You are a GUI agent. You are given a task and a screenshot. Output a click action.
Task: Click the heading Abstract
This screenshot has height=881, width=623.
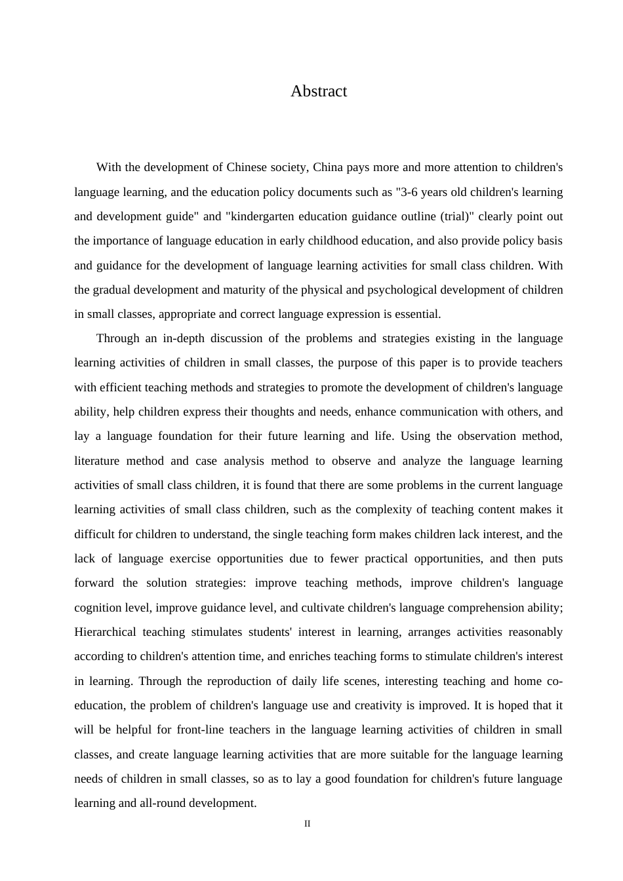pos(319,91)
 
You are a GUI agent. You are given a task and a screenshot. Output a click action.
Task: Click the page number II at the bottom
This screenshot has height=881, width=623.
pos(307,824)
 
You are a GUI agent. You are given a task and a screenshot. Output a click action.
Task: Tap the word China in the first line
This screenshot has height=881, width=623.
pos(328,167)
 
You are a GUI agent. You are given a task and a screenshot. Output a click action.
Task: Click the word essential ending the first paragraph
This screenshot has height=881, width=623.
pos(417,314)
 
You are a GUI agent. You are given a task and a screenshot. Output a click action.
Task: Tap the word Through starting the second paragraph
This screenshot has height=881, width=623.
pos(118,338)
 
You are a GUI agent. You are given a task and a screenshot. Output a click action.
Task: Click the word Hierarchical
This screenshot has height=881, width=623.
pos(106,632)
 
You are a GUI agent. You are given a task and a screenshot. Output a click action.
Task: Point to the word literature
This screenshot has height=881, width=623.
pos(96,461)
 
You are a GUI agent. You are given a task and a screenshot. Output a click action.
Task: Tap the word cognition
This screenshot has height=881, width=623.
pos(98,608)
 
